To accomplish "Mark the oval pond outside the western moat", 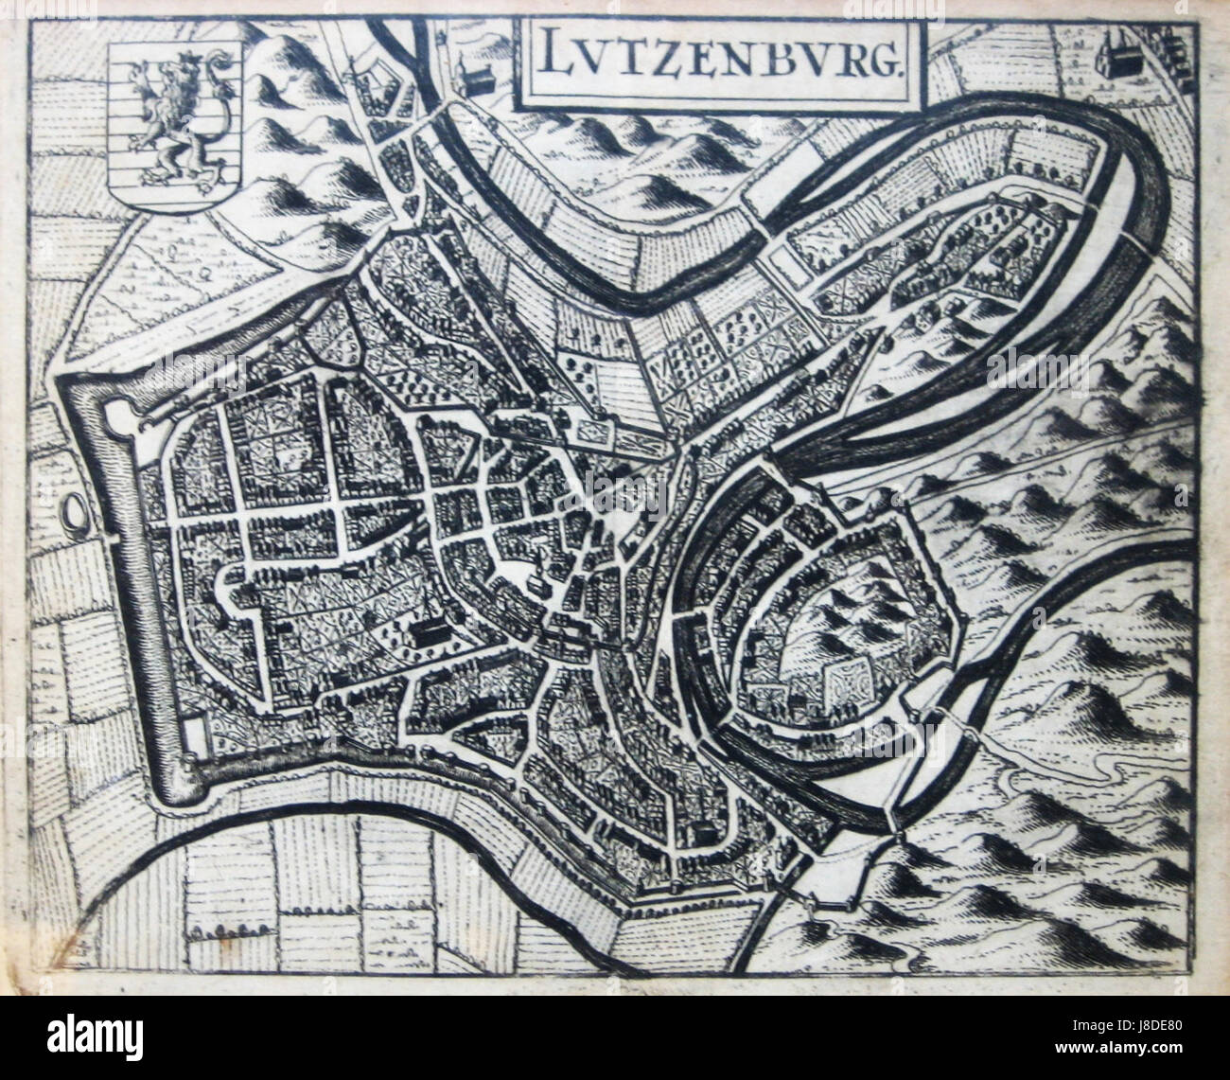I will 74,516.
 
